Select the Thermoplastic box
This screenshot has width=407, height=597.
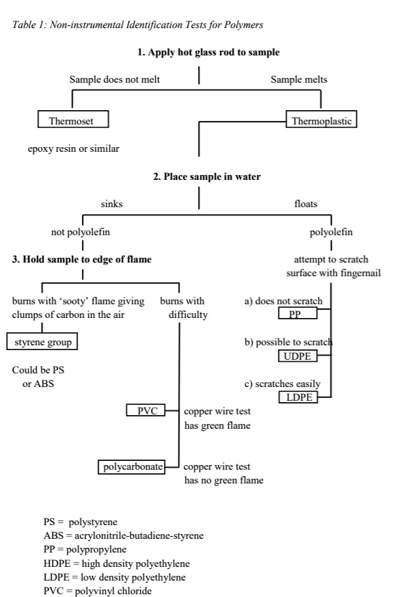click(322, 121)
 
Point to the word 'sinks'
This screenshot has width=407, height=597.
click(111, 204)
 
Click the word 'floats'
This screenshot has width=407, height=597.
click(305, 204)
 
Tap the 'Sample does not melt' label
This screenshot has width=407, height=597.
click(115, 79)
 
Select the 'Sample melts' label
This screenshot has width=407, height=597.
click(299, 79)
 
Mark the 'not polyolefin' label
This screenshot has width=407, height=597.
click(81, 232)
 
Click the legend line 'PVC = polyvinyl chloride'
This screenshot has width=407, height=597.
click(98, 591)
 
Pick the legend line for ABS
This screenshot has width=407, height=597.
click(123, 535)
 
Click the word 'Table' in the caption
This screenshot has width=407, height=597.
click(24, 25)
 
